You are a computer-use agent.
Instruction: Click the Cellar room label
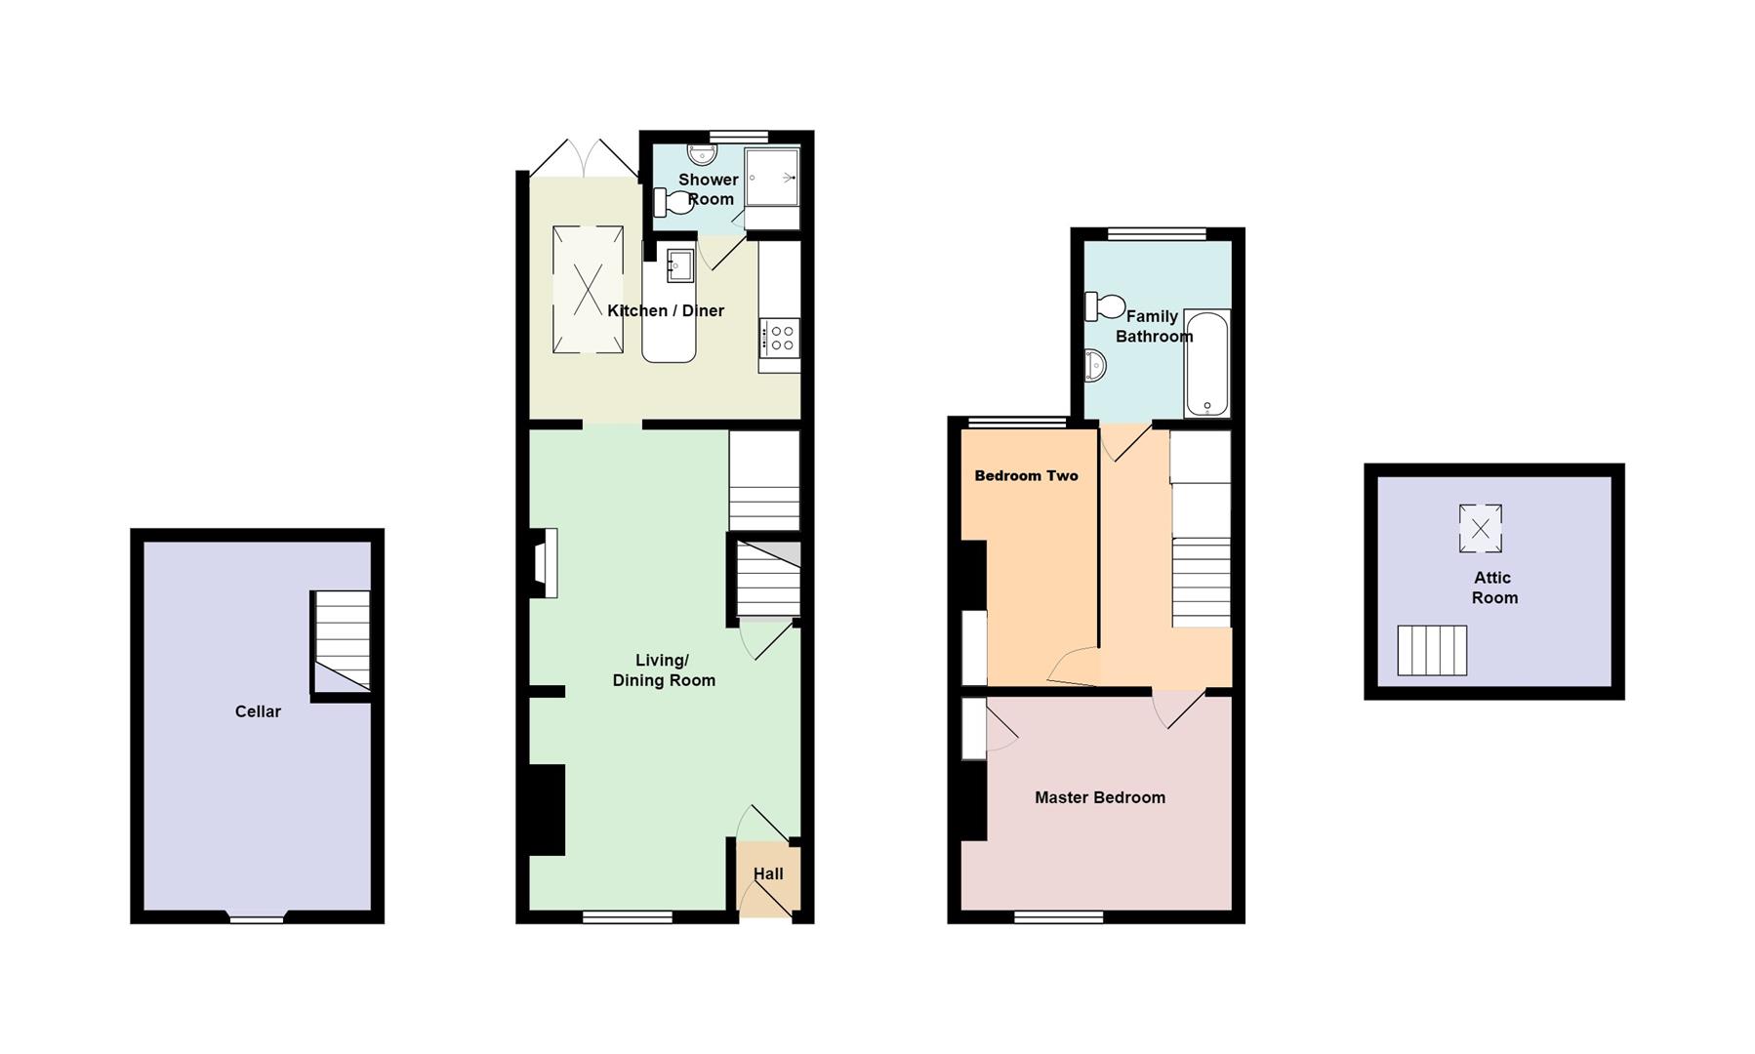(258, 711)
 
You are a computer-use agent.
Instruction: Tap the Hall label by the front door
(768, 873)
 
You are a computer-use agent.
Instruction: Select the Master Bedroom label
(1099, 797)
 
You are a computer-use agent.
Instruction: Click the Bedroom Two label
(1026, 476)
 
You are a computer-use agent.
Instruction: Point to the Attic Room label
(1493, 588)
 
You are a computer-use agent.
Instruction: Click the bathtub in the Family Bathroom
(1206, 363)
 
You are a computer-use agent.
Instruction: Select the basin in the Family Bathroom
(1094, 366)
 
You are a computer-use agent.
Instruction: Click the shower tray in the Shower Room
(772, 177)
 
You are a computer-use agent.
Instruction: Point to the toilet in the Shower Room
(673, 203)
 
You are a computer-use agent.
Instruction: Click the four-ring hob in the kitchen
(780, 338)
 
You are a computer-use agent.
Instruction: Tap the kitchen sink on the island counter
(680, 264)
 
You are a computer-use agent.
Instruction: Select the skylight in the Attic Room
(1480, 529)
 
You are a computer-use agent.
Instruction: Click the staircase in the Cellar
(341, 641)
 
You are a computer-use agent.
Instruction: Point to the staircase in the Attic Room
(1432, 650)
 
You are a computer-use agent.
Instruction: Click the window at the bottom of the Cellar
(257, 917)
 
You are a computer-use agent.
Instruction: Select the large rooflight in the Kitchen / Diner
(588, 289)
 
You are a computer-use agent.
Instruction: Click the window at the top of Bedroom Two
(1017, 423)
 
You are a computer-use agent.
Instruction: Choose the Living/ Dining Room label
(664, 670)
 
